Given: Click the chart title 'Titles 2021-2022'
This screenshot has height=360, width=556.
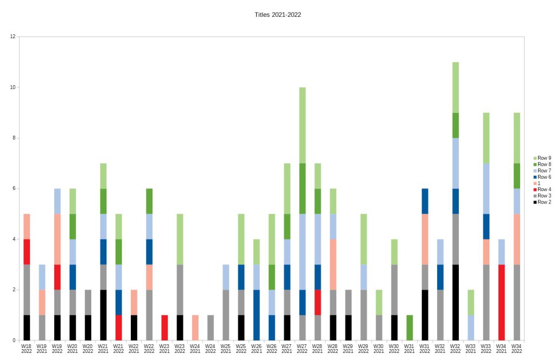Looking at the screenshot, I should [277, 15].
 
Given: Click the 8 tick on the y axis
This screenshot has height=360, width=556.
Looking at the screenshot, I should [13, 138].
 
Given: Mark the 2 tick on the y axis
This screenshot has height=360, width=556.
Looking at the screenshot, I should [13, 290].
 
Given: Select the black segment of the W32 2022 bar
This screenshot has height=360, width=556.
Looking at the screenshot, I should [455, 302].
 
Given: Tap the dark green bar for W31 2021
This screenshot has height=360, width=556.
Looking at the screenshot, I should [409, 328].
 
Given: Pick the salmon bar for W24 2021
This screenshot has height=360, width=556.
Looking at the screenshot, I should [195, 328].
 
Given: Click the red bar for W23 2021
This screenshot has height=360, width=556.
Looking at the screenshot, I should [165, 328].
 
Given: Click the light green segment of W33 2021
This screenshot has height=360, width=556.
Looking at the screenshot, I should [471, 302].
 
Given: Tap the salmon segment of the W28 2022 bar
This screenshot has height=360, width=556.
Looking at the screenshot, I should [333, 264].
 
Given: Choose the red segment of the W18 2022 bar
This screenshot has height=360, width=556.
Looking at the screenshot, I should [27, 252].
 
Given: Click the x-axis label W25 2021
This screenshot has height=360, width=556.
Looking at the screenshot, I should [225, 348].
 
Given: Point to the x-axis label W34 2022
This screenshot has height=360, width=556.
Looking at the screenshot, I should [516, 348].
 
